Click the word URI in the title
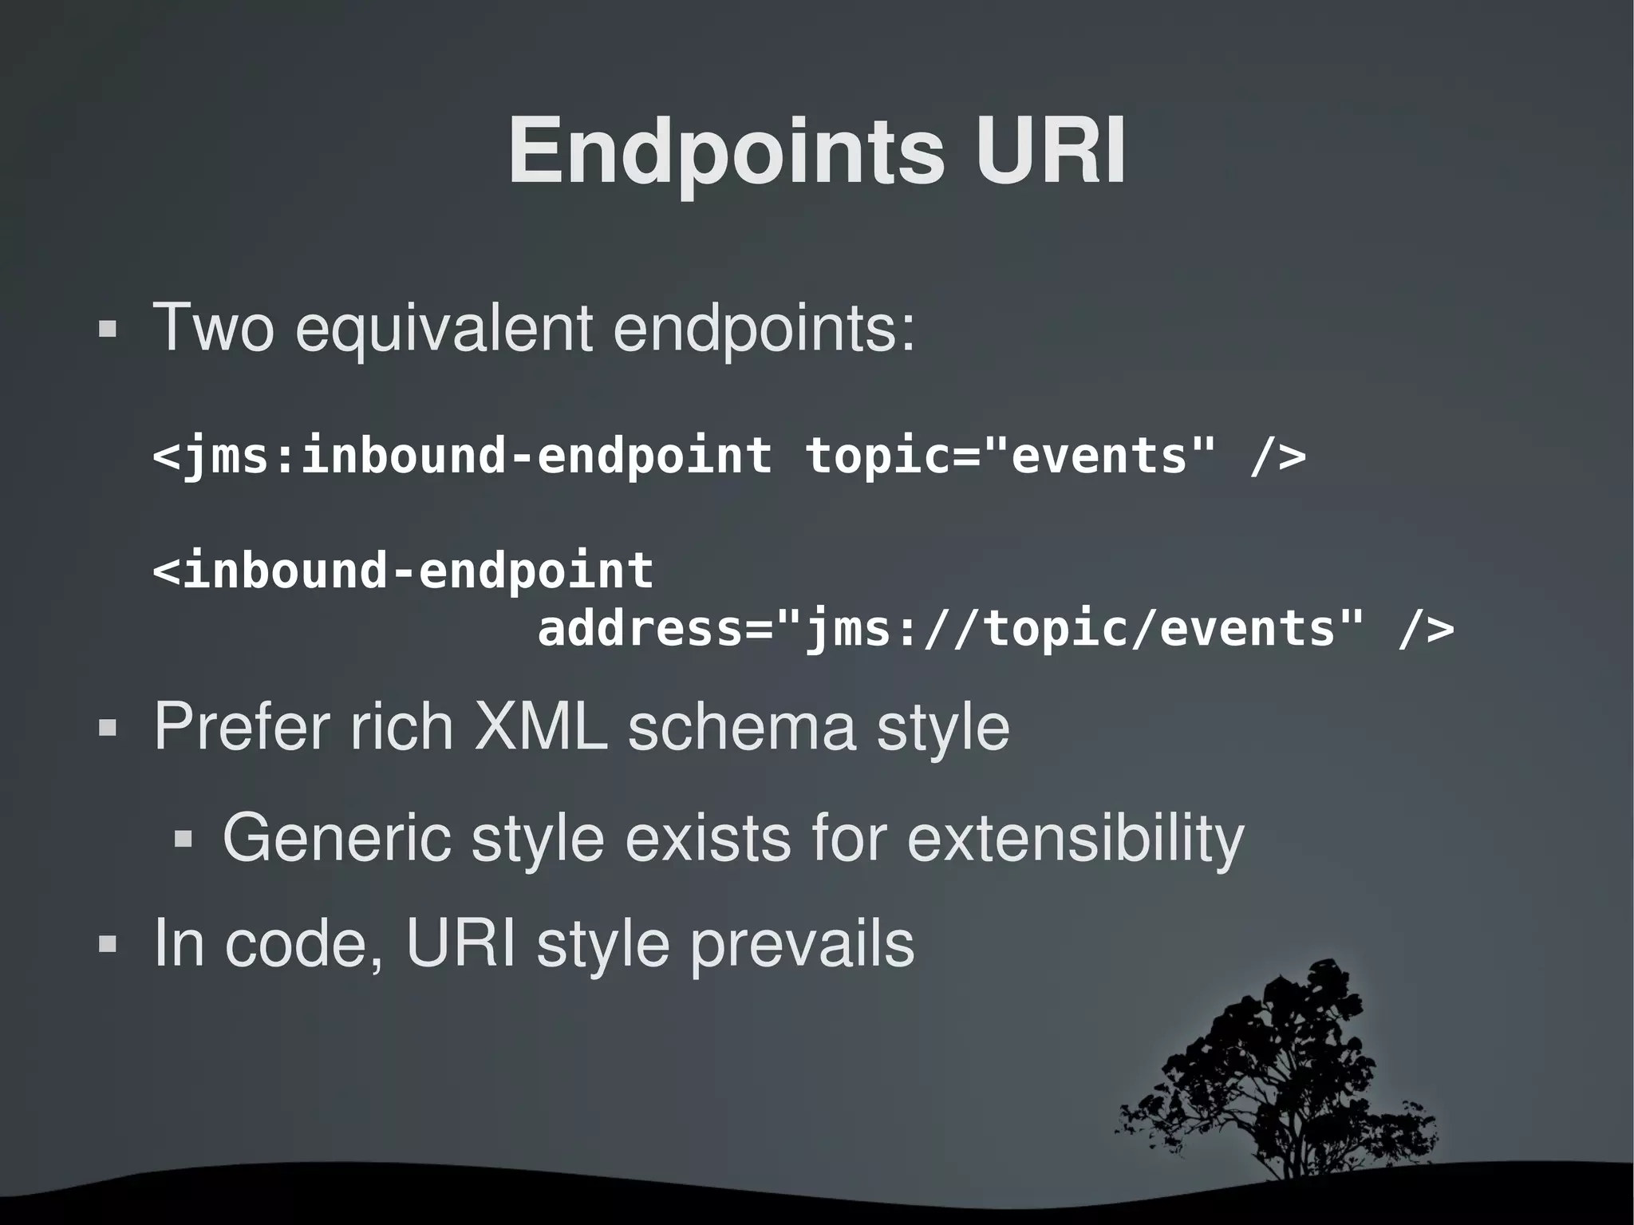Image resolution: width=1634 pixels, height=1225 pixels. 1049,152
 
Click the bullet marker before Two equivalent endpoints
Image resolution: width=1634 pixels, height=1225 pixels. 108,330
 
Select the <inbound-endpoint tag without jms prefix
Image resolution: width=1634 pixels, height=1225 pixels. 403,571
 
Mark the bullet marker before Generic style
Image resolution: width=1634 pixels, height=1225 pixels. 184,840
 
